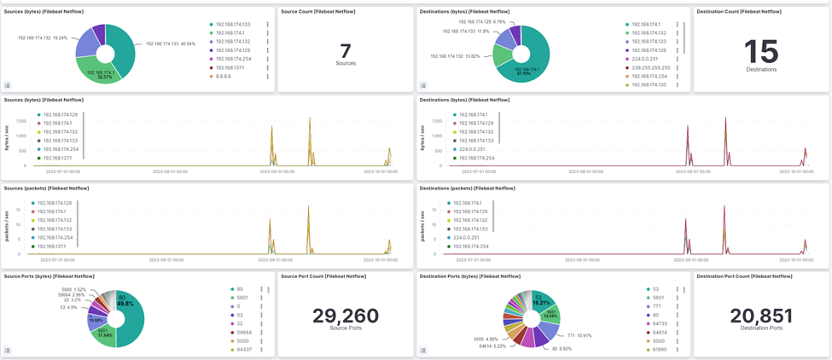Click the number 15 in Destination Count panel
click(761, 51)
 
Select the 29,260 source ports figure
click(346, 316)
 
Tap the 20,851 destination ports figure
click(761, 316)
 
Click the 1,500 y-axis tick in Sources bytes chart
click(22, 121)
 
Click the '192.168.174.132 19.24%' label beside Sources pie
click(43, 38)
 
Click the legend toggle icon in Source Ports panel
click(8, 350)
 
